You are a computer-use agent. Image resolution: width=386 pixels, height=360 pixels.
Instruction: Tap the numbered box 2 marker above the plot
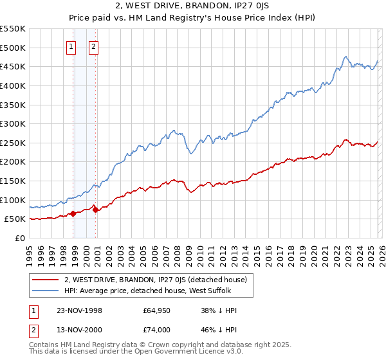click(x=94, y=46)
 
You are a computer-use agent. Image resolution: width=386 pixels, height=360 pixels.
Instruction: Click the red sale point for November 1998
click(x=73, y=213)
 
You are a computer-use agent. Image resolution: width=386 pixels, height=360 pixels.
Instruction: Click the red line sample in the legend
click(x=46, y=280)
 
